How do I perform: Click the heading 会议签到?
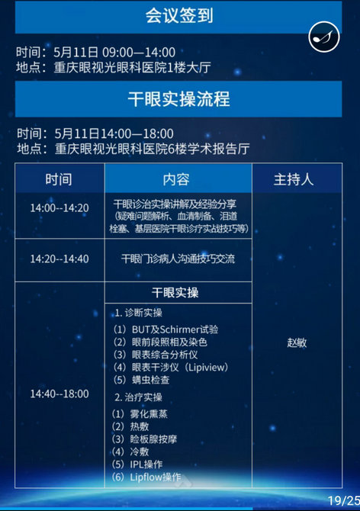(179, 15)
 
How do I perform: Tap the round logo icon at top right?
(324, 37)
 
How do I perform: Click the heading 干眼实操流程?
(179, 99)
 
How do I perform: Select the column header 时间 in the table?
(59, 179)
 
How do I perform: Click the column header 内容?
(176, 179)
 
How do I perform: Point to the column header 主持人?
(294, 179)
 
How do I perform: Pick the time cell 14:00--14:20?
(59, 208)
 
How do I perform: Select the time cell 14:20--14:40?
(59, 259)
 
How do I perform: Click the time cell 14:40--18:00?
(59, 394)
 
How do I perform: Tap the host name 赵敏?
(297, 342)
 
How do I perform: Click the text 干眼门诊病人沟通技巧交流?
(178, 259)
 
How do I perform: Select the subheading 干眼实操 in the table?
(175, 292)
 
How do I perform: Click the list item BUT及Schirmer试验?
(175, 329)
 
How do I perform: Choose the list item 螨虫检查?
(150, 380)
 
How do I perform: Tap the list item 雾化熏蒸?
(149, 414)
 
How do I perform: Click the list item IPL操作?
(146, 464)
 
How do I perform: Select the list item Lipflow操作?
(156, 477)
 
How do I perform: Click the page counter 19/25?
(343, 500)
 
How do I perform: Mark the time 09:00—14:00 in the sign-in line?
(139, 52)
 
